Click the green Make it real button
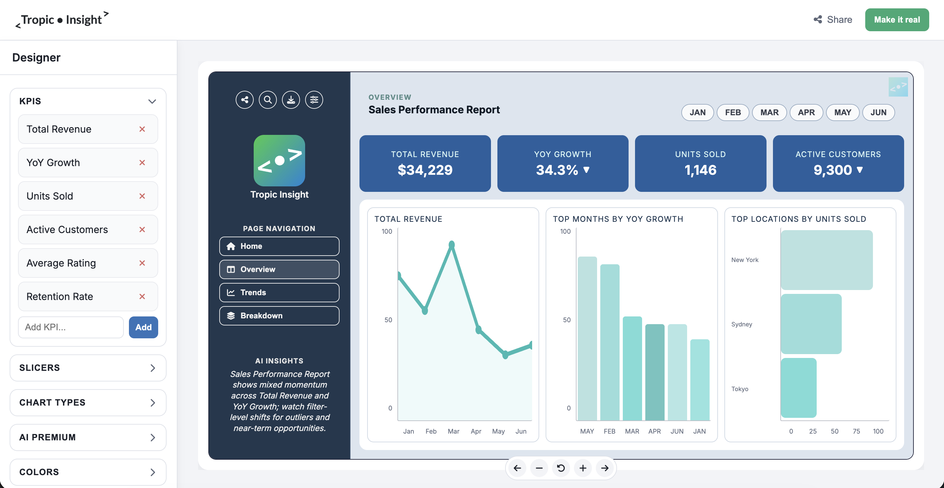click(x=896, y=20)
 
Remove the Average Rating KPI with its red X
click(x=142, y=263)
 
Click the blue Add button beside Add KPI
click(x=143, y=327)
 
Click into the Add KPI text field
click(x=71, y=327)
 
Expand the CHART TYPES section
click(x=88, y=402)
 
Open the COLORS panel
click(x=88, y=472)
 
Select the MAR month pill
click(x=769, y=112)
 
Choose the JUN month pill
click(x=878, y=112)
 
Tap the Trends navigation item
click(x=279, y=292)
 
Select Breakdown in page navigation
click(x=279, y=315)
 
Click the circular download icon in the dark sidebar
click(x=291, y=100)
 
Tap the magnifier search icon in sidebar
click(x=268, y=100)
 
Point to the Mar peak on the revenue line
click(x=451, y=244)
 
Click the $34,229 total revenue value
click(x=425, y=170)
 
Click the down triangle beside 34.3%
click(x=586, y=170)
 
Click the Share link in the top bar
click(x=833, y=20)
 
